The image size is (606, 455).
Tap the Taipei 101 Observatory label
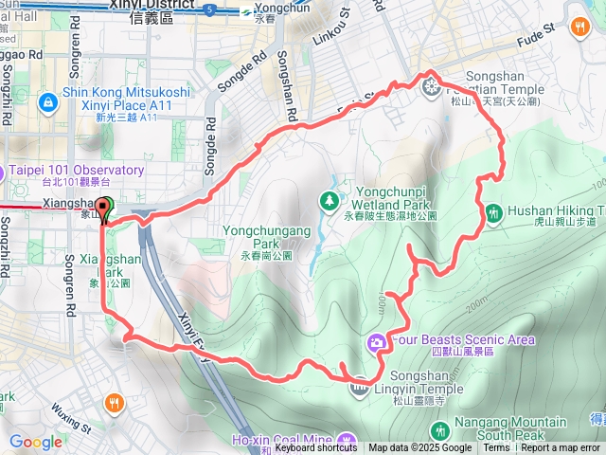(x=76, y=171)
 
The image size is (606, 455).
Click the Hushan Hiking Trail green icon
(x=493, y=213)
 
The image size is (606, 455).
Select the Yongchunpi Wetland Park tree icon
(x=329, y=200)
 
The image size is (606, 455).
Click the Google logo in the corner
(x=35, y=442)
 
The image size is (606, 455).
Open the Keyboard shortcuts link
(x=316, y=448)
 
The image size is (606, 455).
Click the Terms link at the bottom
(x=496, y=448)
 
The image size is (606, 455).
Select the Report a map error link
(x=561, y=448)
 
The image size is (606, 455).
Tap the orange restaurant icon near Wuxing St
(x=115, y=401)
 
